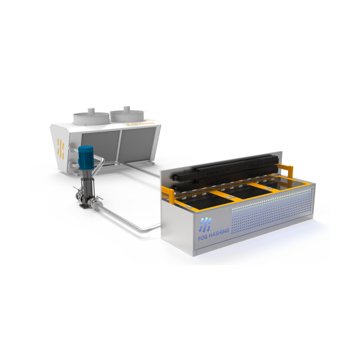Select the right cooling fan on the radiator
click(127, 115)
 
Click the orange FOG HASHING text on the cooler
click(140, 124)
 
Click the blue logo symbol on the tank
click(205, 224)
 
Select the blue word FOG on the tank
click(203, 237)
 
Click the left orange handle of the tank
click(168, 195)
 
